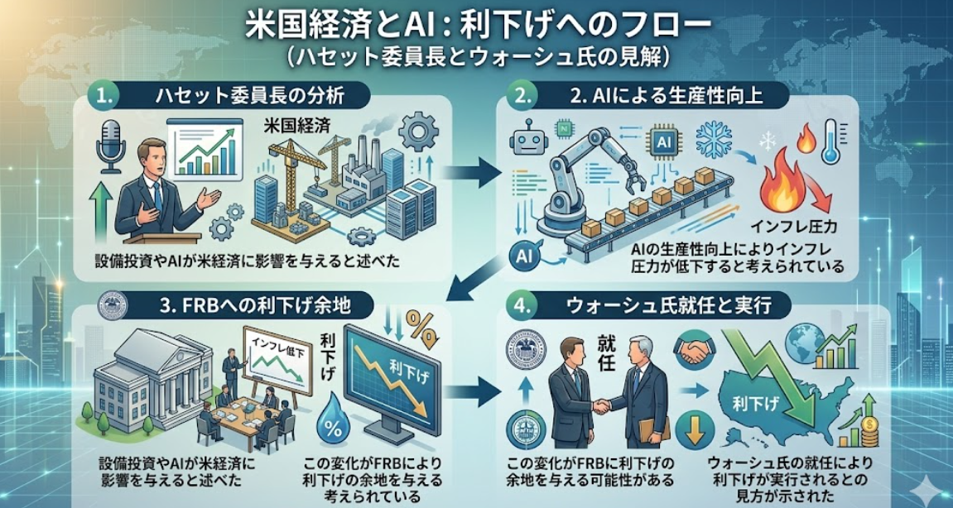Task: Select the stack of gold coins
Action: [x=868, y=429]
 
